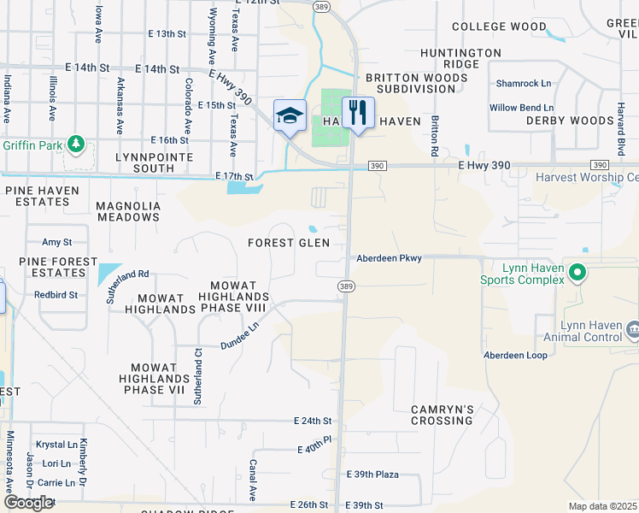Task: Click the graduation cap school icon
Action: [x=290, y=115]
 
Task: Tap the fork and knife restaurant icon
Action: [x=358, y=112]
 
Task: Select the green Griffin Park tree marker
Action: [x=78, y=143]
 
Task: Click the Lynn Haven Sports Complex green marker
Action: [x=577, y=273]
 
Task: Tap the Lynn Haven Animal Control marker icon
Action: [x=633, y=330]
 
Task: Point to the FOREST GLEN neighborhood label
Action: [x=289, y=243]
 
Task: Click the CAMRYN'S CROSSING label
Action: [x=442, y=415]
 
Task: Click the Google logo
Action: [x=28, y=502]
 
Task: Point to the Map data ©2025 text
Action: [x=603, y=506]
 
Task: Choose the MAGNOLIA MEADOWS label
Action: [x=128, y=211]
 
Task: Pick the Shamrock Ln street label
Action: [x=525, y=84]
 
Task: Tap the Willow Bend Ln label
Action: [x=526, y=108]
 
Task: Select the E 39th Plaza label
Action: [x=372, y=475]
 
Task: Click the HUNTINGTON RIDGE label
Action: [x=460, y=58]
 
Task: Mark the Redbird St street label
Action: [x=56, y=294]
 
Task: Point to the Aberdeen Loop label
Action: [x=515, y=355]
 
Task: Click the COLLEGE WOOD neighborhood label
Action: [x=499, y=27]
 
